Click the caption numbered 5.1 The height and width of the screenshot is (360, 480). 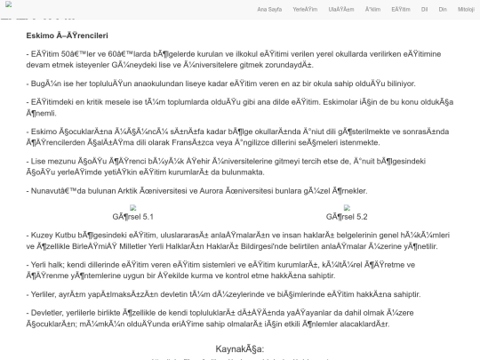pos(134,216)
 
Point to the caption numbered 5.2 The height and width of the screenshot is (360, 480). pos(348,216)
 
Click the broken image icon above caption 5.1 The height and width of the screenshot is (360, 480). pos(134,206)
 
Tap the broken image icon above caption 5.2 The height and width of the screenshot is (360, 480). pos(348,206)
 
